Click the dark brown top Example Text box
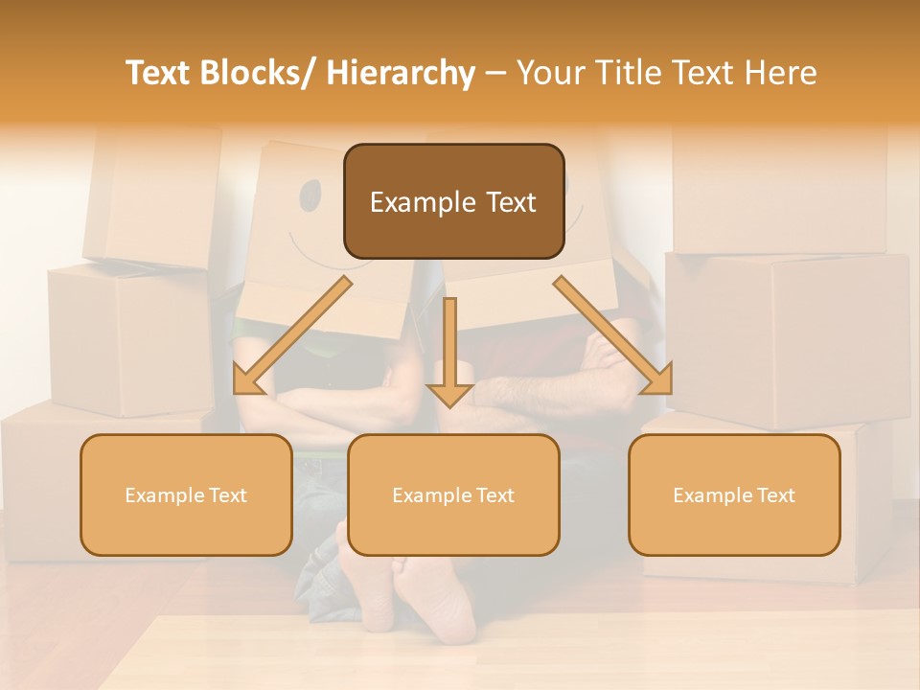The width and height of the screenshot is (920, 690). (x=453, y=201)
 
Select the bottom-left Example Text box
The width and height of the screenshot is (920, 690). (x=186, y=494)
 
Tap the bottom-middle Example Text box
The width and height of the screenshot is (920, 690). (x=453, y=494)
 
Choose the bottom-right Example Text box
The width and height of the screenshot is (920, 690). (x=734, y=494)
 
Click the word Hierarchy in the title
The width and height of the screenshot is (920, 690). (x=401, y=74)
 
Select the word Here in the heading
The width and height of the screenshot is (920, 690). (x=783, y=74)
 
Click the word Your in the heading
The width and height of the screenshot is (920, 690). (x=551, y=74)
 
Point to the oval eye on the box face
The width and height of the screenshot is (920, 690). (x=310, y=195)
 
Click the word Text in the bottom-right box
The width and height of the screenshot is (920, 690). (x=775, y=495)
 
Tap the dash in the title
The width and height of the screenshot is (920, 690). (x=496, y=74)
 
